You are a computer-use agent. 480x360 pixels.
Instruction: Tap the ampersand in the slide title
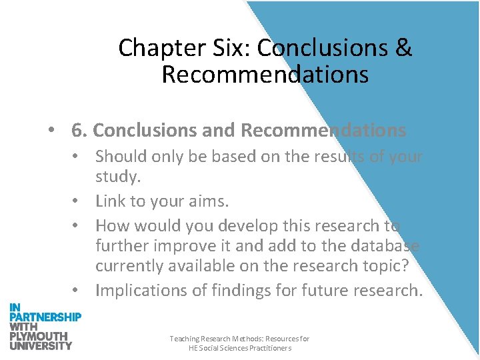[404, 49]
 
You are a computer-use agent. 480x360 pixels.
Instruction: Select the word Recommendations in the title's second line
[265, 75]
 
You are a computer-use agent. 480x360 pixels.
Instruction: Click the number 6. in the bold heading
[79, 131]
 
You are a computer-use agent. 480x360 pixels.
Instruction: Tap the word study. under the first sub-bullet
[117, 177]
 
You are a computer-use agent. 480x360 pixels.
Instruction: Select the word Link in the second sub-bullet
[109, 201]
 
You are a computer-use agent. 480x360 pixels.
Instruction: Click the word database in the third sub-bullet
[386, 245]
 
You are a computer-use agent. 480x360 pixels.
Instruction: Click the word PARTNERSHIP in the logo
[45, 317]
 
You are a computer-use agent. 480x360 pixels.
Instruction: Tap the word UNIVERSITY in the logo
[41, 345]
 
